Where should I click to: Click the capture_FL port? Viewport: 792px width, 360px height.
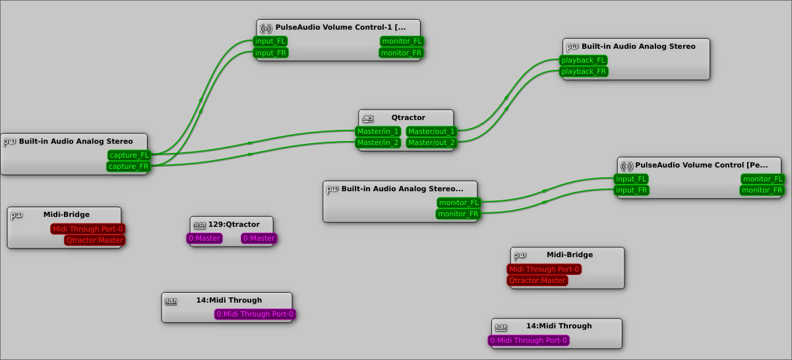click(129, 155)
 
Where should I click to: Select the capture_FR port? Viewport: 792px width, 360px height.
click(129, 167)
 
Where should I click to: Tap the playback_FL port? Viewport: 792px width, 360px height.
click(583, 60)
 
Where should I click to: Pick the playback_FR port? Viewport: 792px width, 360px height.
click(583, 71)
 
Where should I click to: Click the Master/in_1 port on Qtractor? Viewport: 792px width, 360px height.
click(379, 131)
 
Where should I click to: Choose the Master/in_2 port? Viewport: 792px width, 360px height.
click(379, 142)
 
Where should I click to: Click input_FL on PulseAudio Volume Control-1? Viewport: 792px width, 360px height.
click(270, 41)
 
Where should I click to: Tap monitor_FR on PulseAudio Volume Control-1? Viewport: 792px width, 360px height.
click(401, 53)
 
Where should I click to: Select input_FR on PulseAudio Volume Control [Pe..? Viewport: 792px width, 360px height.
click(632, 191)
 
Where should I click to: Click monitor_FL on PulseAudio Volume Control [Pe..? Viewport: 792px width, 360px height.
click(762, 179)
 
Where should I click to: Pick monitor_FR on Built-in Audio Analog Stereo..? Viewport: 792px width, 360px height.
click(458, 214)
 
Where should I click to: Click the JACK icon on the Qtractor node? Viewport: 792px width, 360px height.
click(368, 119)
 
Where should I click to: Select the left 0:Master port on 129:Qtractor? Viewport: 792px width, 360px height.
click(204, 238)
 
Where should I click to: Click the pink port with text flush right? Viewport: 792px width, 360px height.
click(255, 314)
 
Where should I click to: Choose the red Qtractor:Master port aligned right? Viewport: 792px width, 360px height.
click(94, 240)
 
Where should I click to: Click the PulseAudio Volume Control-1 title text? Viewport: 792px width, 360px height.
click(340, 27)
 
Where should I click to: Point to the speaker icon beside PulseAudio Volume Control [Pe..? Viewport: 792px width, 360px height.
click(626, 165)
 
